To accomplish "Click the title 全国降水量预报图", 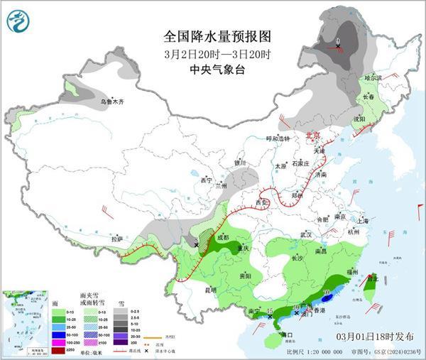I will click(x=213, y=36).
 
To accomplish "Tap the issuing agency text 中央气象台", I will click(x=213, y=70).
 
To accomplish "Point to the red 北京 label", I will click(x=312, y=135).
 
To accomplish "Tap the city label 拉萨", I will click(x=118, y=239).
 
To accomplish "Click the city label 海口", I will click(x=287, y=334).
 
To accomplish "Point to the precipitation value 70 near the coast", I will click(x=327, y=292).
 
